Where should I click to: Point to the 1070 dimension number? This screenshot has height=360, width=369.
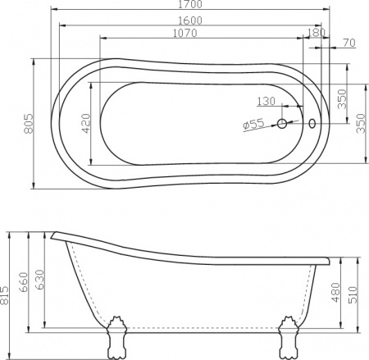coord(190,34)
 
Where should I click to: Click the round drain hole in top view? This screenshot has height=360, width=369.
coord(282,124)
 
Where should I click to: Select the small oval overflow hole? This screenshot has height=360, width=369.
coord(311,124)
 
